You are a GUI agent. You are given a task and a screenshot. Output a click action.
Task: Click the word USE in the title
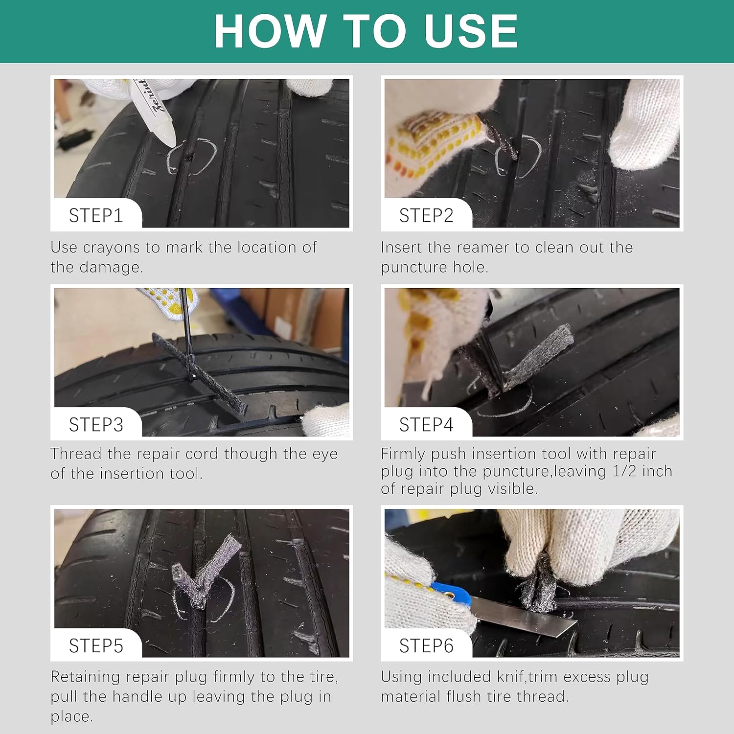click(x=470, y=31)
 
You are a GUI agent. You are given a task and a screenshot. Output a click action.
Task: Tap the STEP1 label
click(x=96, y=215)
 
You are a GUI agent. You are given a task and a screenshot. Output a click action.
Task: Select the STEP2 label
click(x=426, y=215)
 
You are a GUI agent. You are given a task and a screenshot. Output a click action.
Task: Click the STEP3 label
click(x=96, y=425)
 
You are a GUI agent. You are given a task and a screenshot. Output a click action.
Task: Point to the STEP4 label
click(x=426, y=425)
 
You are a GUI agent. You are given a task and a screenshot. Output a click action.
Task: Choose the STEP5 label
click(x=96, y=646)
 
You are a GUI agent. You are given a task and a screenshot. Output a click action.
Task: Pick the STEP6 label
click(x=426, y=646)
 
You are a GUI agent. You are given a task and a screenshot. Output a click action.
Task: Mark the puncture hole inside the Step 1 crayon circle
click(x=188, y=158)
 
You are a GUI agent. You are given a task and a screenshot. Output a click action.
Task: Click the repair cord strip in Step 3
click(x=198, y=372)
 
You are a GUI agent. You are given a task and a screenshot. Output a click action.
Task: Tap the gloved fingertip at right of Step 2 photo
click(x=645, y=125)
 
